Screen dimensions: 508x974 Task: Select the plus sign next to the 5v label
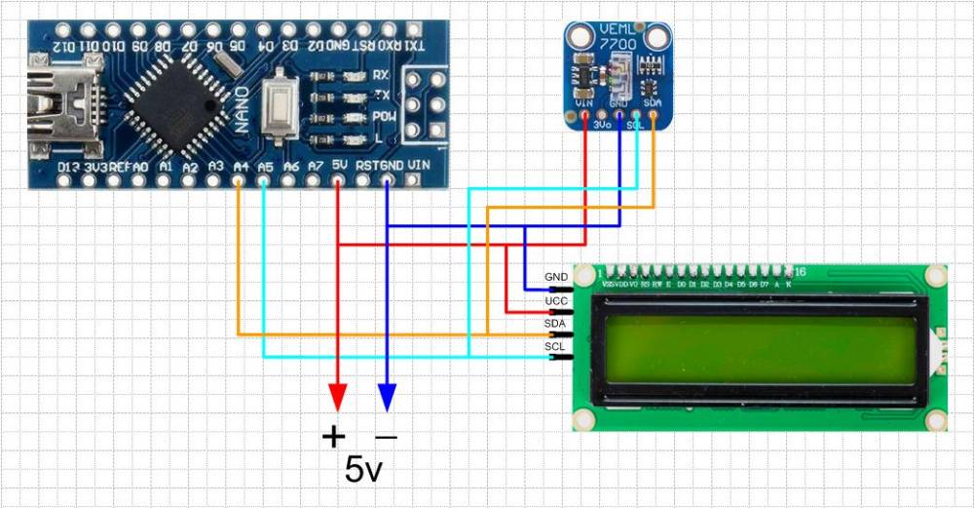click(x=333, y=436)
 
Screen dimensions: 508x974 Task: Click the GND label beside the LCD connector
click(x=556, y=277)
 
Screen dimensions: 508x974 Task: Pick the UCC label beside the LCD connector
click(x=556, y=300)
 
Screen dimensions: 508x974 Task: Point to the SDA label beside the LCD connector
click(x=555, y=323)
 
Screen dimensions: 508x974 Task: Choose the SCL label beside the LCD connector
click(x=555, y=346)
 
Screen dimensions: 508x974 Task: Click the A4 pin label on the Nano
click(x=241, y=167)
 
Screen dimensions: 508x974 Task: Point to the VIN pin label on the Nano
click(x=420, y=166)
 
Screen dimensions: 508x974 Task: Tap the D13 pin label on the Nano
click(x=67, y=168)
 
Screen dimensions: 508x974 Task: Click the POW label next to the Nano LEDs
click(x=383, y=117)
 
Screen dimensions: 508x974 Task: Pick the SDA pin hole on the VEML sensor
click(x=654, y=115)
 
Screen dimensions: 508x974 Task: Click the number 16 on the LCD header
click(x=800, y=271)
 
